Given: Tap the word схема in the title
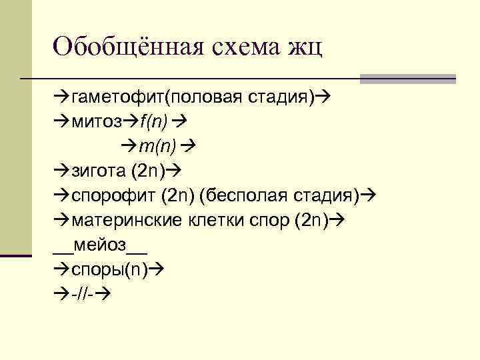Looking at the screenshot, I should [x=247, y=47].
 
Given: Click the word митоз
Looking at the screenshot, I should [x=98, y=123].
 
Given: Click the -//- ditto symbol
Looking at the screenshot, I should [x=83, y=292].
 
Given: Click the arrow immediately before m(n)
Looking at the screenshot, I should [x=129, y=146].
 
